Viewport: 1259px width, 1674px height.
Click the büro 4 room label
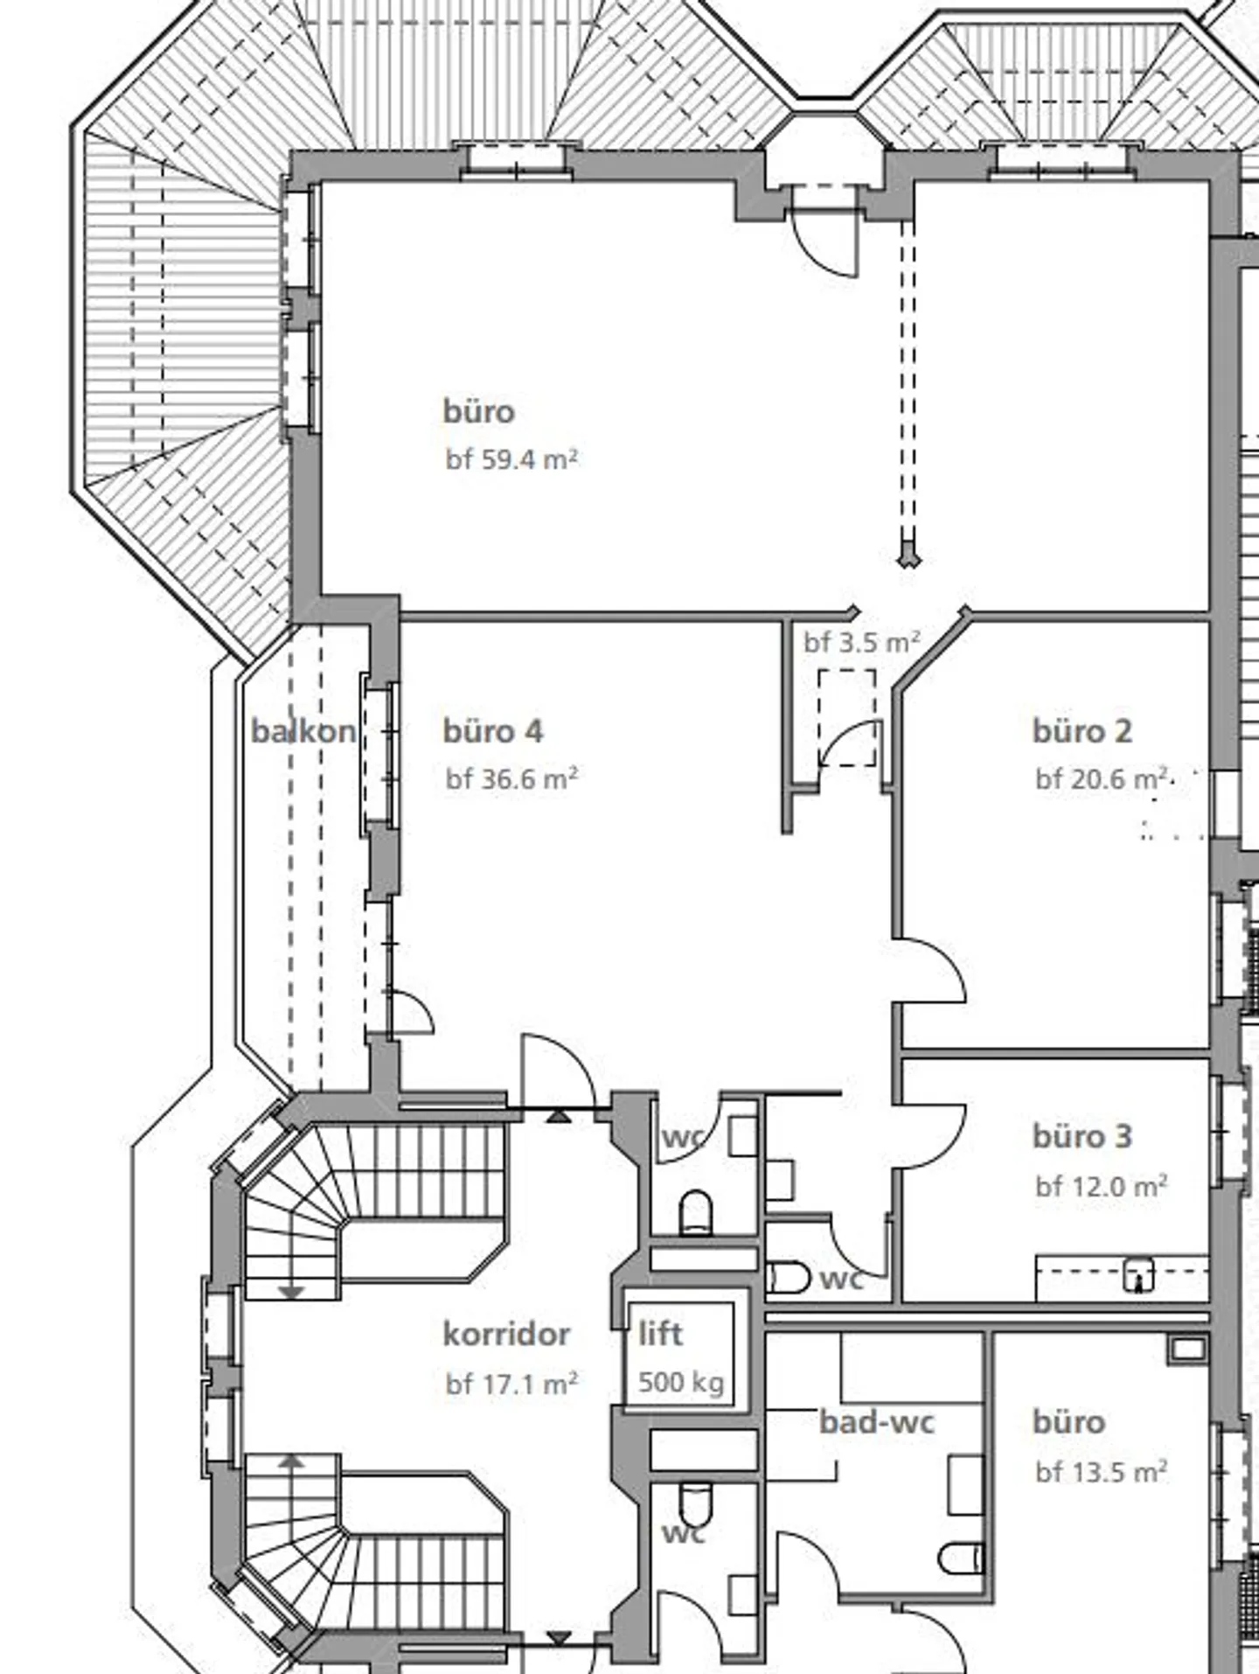click(x=492, y=731)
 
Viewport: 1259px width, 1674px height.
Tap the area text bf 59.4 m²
click(x=511, y=459)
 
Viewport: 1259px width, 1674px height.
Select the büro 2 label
click(x=1082, y=731)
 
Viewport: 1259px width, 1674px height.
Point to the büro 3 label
click(x=1082, y=1136)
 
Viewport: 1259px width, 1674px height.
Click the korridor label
click(x=506, y=1335)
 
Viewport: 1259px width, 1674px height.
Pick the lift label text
click(x=660, y=1334)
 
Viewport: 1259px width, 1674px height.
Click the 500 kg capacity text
click(x=681, y=1383)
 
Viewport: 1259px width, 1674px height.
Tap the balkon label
click(x=303, y=731)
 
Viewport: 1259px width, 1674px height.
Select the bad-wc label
click(x=877, y=1422)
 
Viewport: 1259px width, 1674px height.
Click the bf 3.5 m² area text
click(x=862, y=643)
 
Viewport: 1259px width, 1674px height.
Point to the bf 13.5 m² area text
click(x=1102, y=1473)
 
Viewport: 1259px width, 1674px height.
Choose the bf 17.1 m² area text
click(x=511, y=1385)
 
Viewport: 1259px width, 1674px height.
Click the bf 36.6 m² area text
click(x=511, y=778)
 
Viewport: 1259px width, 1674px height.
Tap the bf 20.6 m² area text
click(x=1102, y=778)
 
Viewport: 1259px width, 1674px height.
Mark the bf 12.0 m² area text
click(x=1102, y=1187)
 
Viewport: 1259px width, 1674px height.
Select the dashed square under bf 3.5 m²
click(x=847, y=718)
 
